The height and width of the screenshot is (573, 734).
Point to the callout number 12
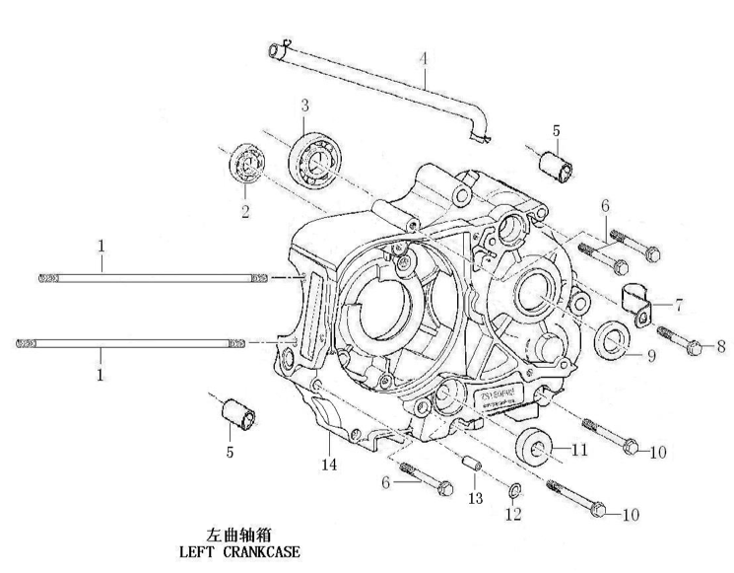[x=512, y=515]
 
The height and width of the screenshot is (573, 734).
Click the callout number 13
[x=475, y=499]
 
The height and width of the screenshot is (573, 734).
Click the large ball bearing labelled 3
[x=317, y=157]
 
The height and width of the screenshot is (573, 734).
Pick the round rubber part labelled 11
[x=538, y=449]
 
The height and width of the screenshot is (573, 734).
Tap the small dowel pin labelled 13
[x=471, y=464]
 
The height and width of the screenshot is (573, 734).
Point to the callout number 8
[x=721, y=346]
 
